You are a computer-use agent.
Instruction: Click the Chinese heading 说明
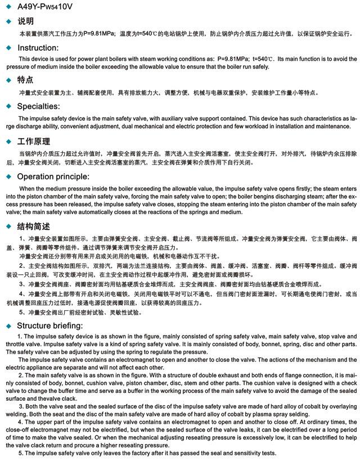coord(26,21)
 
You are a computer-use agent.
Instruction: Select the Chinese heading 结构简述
coord(34,226)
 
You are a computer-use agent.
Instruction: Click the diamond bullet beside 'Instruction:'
coord(8,48)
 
